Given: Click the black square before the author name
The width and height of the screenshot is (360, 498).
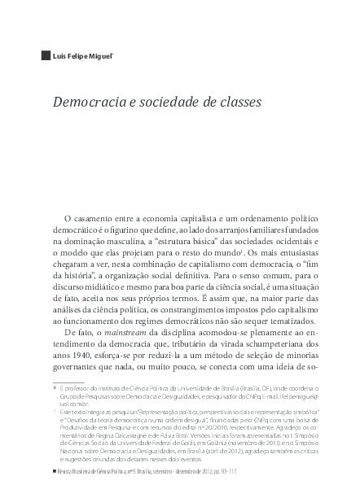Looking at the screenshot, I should [x=45, y=57].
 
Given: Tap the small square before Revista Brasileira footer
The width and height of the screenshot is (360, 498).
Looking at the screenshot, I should [x=55, y=473].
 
